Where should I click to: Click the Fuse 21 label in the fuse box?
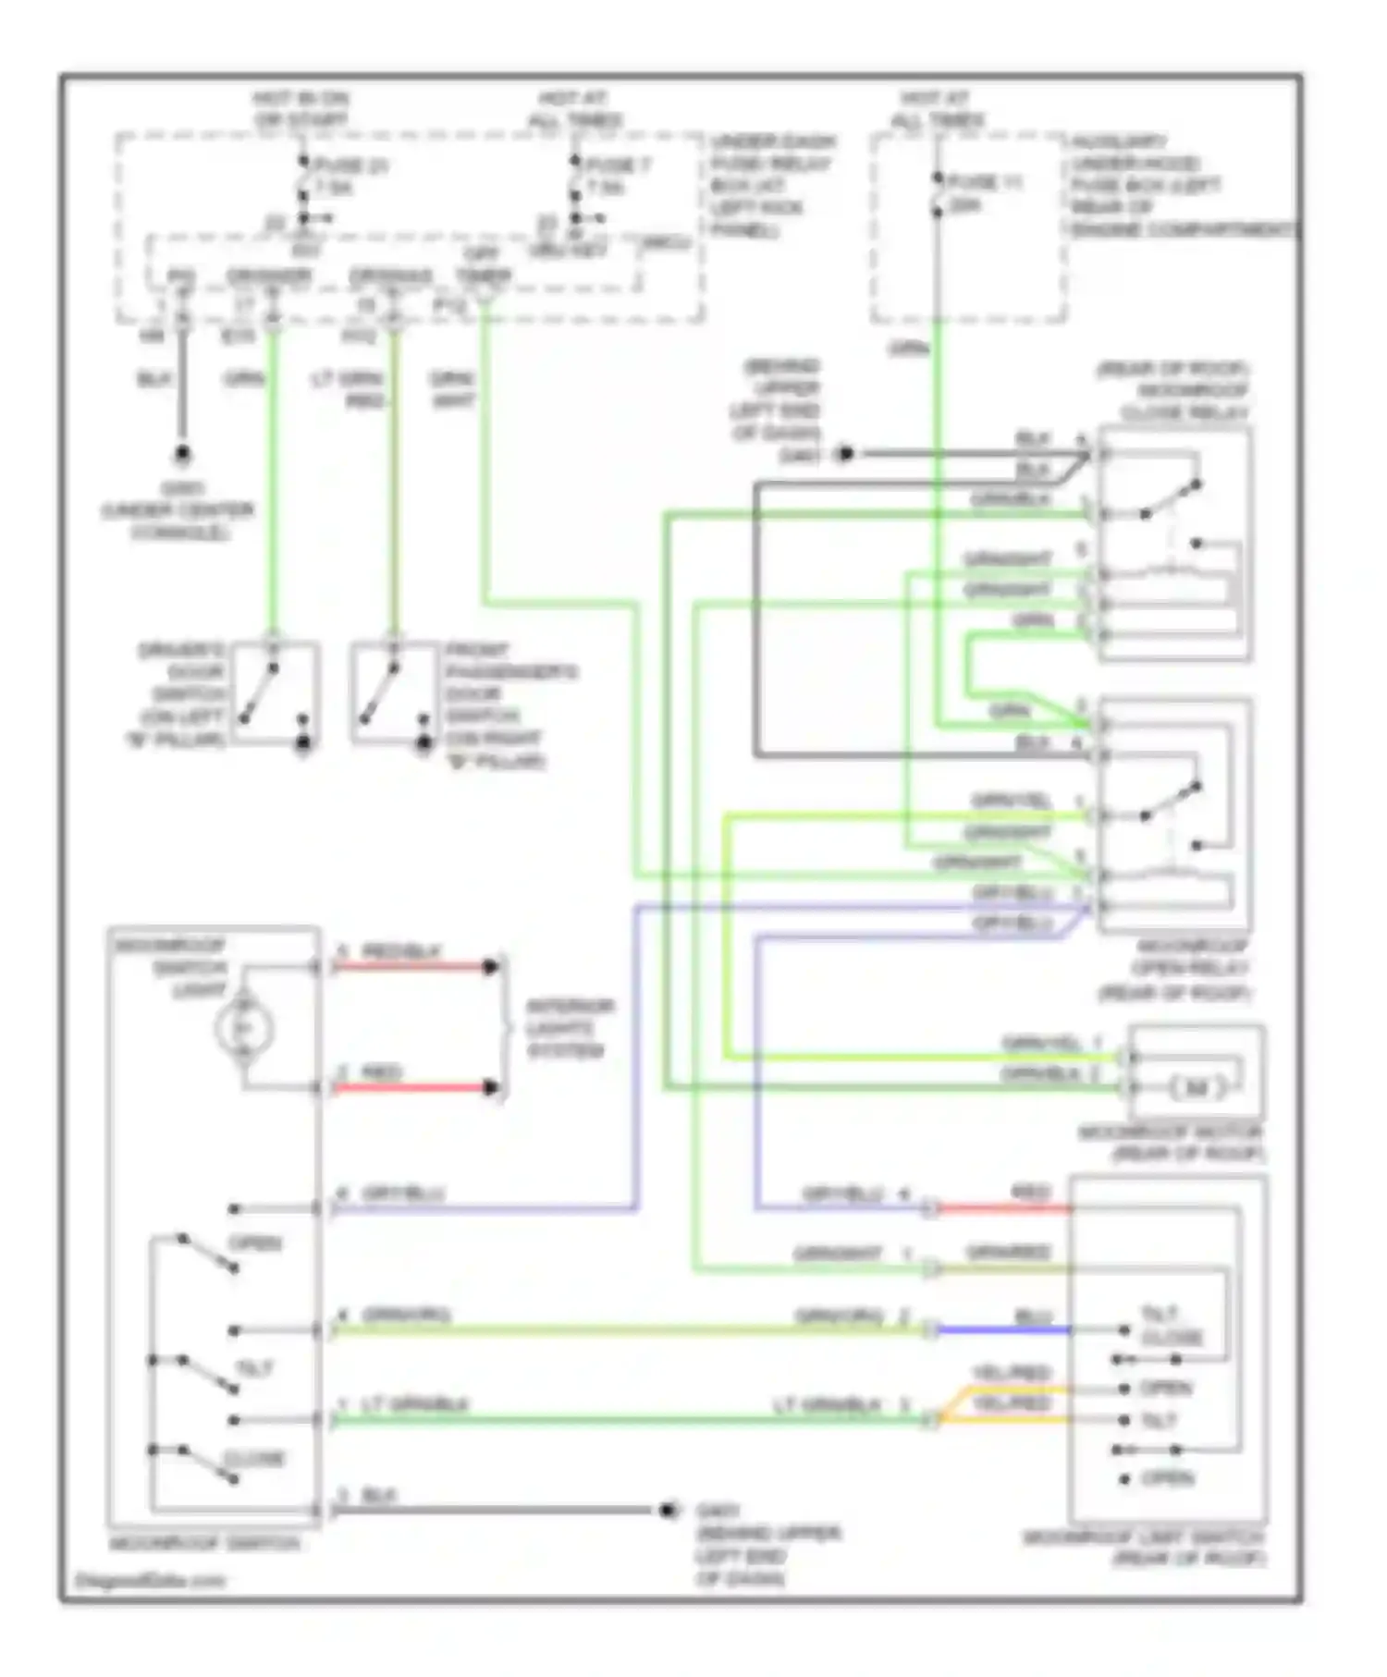(351, 166)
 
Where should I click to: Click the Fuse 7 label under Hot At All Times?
(618, 165)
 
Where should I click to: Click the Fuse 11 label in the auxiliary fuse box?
(985, 183)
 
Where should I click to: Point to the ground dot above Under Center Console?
(182, 455)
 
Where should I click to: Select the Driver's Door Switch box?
(275, 693)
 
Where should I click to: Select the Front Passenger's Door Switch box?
(393, 693)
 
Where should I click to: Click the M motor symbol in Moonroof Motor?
(1197, 1087)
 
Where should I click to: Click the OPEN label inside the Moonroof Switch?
(254, 1243)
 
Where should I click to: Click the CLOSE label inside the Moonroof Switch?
(254, 1458)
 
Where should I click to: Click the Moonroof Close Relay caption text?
(1174, 390)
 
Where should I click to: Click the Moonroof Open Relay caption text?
(1176, 970)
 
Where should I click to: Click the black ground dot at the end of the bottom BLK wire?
(669, 1511)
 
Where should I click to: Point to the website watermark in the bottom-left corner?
(149, 1581)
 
